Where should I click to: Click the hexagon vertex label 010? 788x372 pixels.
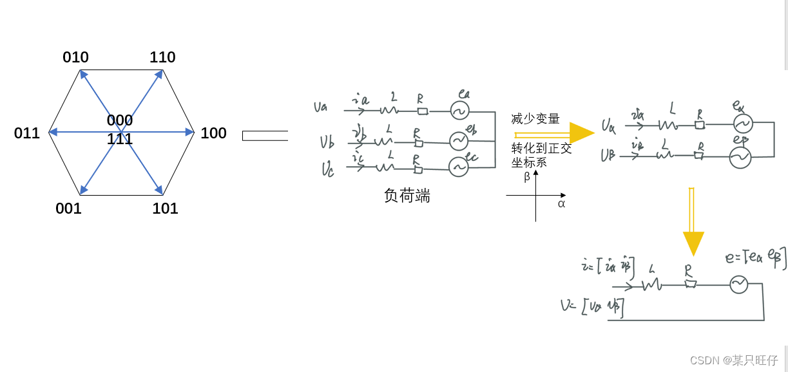(x=75, y=57)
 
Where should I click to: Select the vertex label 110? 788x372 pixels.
(x=162, y=57)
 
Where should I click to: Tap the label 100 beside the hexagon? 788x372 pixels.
(x=213, y=133)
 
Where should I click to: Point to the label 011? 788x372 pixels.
(x=27, y=133)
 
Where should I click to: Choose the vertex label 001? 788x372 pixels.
(x=68, y=209)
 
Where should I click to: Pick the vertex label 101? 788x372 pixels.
(x=165, y=209)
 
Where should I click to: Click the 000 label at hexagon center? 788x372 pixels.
(x=120, y=120)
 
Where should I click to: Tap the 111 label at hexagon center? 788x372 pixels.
(x=120, y=139)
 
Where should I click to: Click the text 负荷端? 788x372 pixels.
(x=407, y=196)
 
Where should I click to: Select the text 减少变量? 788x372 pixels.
(x=535, y=119)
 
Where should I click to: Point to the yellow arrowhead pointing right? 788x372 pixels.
(x=581, y=133)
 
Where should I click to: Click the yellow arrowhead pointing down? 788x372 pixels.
(x=693, y=243)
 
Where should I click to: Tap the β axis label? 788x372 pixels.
(x=527, y=177)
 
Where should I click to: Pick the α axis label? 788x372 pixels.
(x=561, y=204)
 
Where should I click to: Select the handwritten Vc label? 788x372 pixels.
(x=328, y=170)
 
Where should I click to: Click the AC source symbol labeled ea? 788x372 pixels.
(x=459, y=110)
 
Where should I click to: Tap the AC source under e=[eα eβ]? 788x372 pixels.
(x=738, y=284)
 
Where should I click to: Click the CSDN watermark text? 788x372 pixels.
(x=734, y=360)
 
